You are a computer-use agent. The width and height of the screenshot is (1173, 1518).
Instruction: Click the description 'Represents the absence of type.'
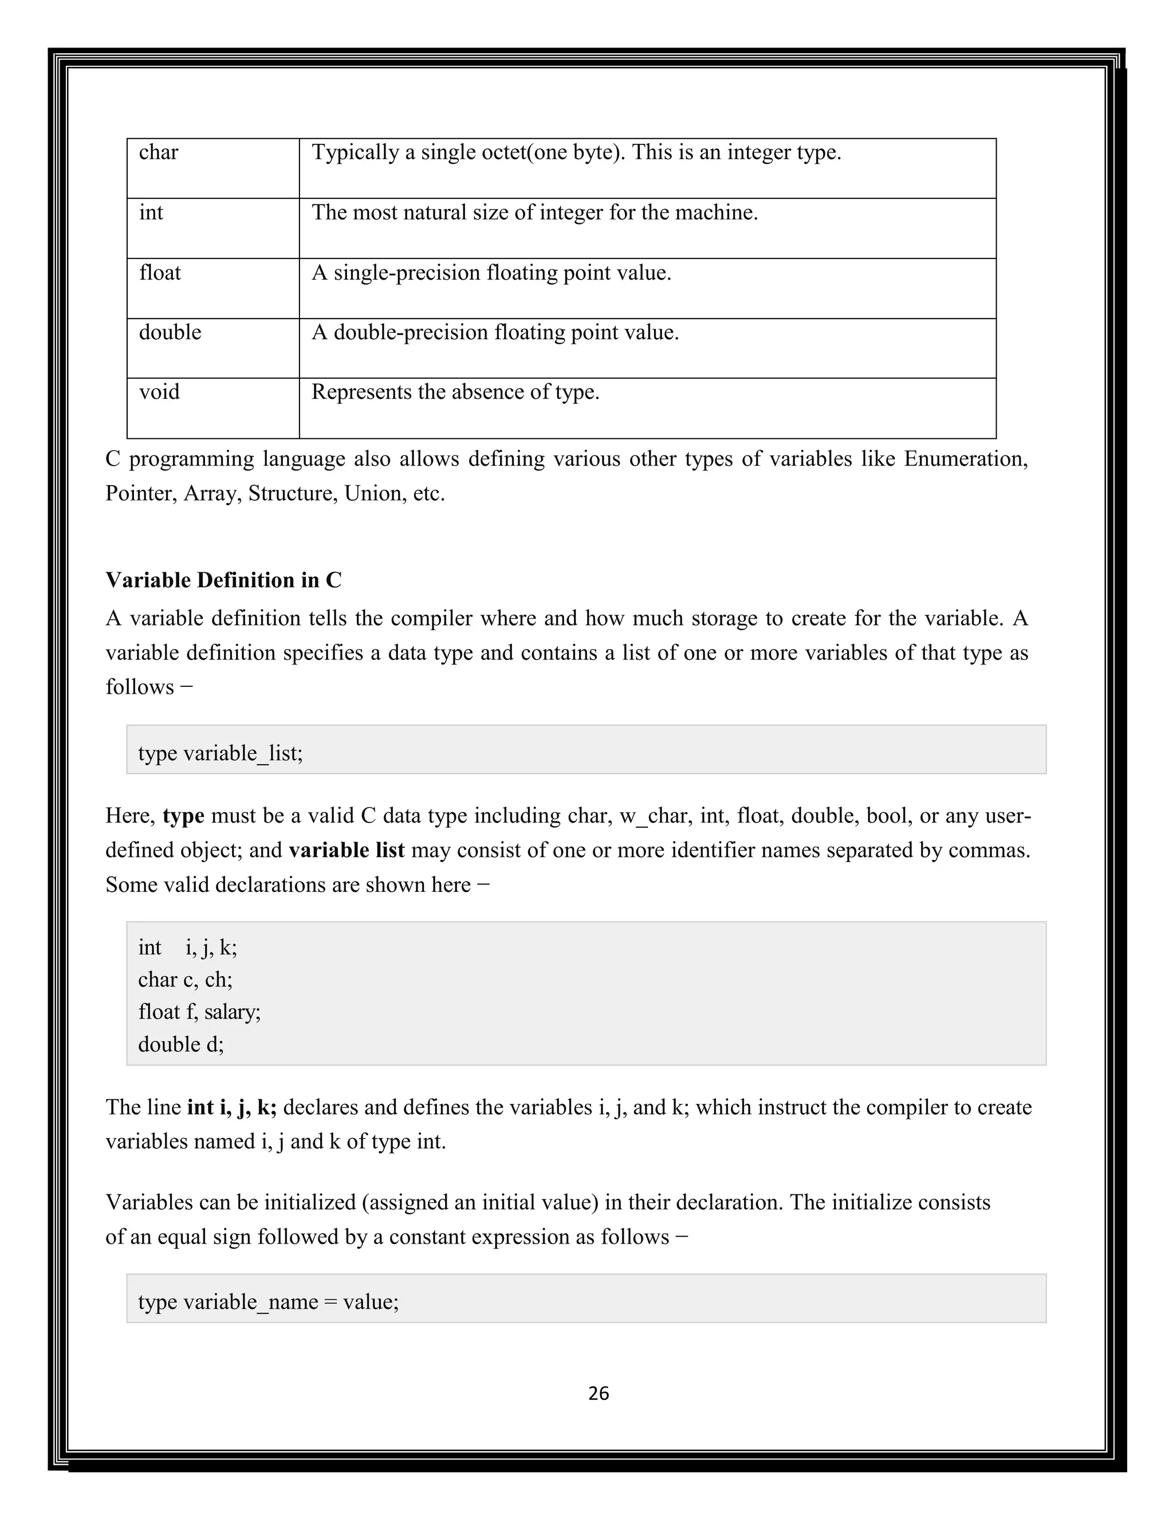[x=455, y=392]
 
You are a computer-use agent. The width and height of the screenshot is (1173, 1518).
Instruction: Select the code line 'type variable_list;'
[x=221, y=753]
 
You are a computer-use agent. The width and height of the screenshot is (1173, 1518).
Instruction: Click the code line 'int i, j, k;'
[x=188, y=947]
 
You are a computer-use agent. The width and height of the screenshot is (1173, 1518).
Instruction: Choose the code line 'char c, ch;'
[x=185, y=980]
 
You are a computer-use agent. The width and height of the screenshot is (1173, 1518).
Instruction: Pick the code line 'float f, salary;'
[x=199, y=1011]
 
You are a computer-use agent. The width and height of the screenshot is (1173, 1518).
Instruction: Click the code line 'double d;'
[x=180, y=1044]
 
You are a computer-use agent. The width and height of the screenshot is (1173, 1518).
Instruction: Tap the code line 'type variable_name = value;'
[x=268, y=1301]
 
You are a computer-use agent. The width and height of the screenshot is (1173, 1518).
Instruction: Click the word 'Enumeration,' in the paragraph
[x=965, y=459]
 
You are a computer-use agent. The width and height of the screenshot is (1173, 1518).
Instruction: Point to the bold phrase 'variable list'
[x=346, y=850]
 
